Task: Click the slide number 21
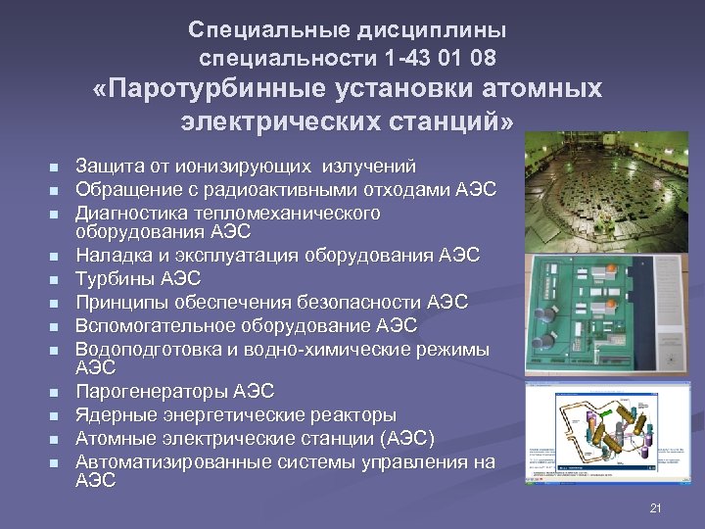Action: pyautogui.click(x=656, y=507)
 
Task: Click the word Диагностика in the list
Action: pyautogui.click(x=130, y=213)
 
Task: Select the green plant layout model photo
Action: pyautogui.click(x=606, y=313)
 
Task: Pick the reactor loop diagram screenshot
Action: pyautogui.click(x=608, y=431)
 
